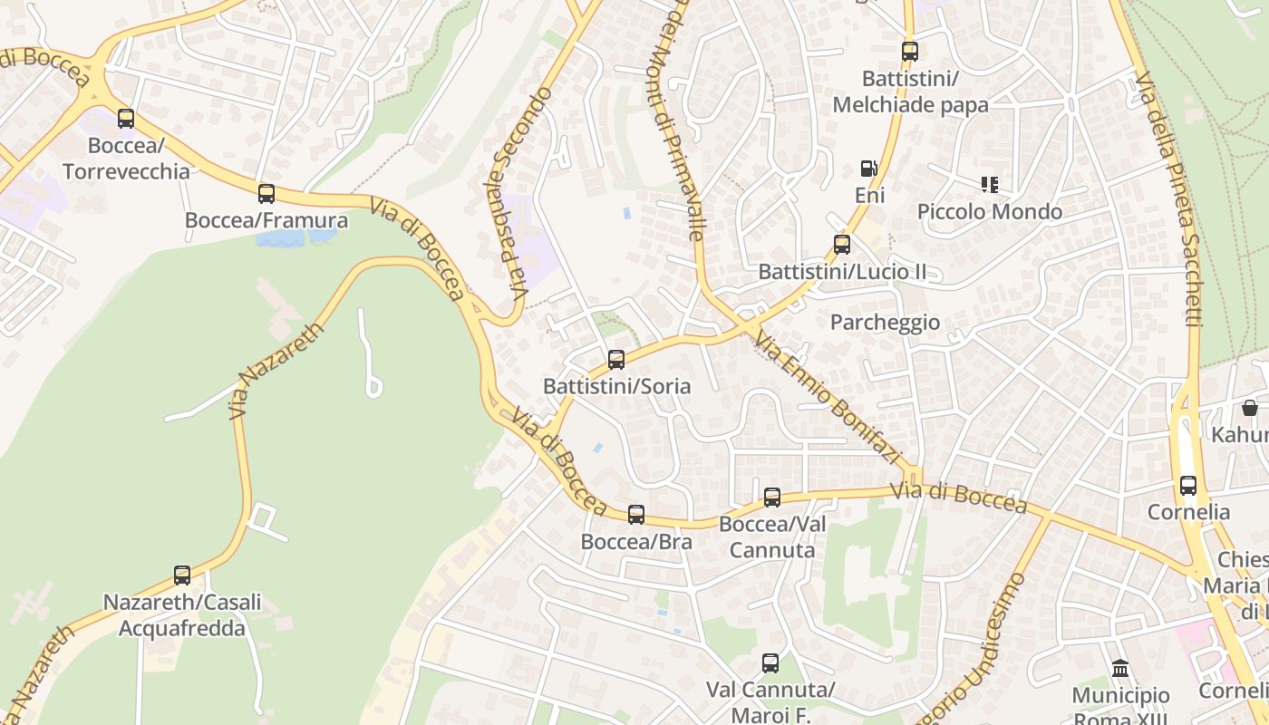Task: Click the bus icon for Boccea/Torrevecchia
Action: coord(126,118)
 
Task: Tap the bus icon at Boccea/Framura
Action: coord(266,193)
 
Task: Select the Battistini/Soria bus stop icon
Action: coord(616,359)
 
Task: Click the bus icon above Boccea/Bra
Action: coord(636,515)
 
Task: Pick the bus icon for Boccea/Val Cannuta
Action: coord(771,497)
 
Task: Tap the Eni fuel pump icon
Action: coord(868,169)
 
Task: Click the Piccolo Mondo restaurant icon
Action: coord(989,185)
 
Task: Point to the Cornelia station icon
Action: coord(1187,485)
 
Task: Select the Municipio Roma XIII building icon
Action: coord(1120,669)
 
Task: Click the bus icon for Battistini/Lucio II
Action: coord(842,244)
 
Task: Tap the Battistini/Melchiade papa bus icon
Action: coord(909,52)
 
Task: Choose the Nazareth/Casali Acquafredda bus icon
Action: coord(182,575)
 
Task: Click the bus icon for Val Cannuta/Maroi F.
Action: coord(770,662)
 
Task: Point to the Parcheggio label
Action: coord(885,323)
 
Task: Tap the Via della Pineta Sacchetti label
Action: coord(1168,199)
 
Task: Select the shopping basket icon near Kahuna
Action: coord(1250,408)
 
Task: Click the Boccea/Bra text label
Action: coord(636,542)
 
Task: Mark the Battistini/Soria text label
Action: coord(616,386)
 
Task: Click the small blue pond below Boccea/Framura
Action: coord(295,237)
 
